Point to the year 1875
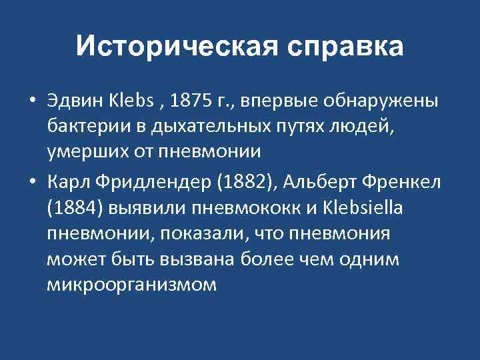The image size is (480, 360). coord(193,104)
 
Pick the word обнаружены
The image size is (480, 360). coord(381,104)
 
